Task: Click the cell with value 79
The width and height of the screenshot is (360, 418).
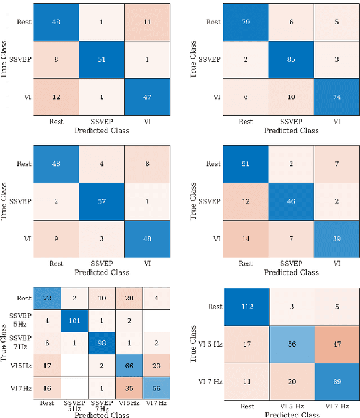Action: [x=245, y=22]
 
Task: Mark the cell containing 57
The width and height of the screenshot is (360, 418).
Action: [x=101, y=201]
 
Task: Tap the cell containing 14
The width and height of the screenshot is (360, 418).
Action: [x=245, y=238]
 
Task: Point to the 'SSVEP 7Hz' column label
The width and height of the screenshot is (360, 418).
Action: [x=102, y=406]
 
